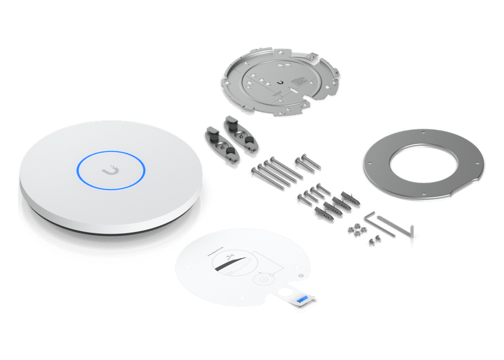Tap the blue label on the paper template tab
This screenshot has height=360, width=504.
click(x=303, y=298)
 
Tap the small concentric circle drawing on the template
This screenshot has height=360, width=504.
click(x=263, y=278)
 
